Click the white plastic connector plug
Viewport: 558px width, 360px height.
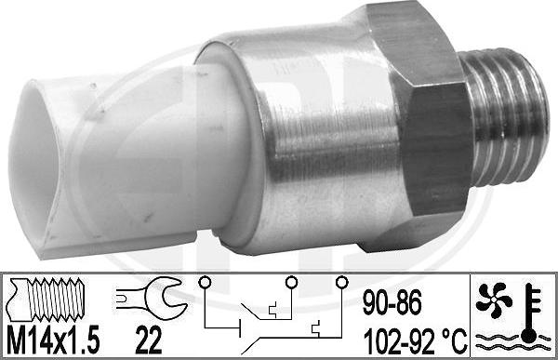tap(84, 158)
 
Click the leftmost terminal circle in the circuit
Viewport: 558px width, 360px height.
tap(202, 282)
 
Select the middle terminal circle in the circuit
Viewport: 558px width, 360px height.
tap(291, 282)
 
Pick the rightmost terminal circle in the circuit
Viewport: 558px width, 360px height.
tap(341, 282)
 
